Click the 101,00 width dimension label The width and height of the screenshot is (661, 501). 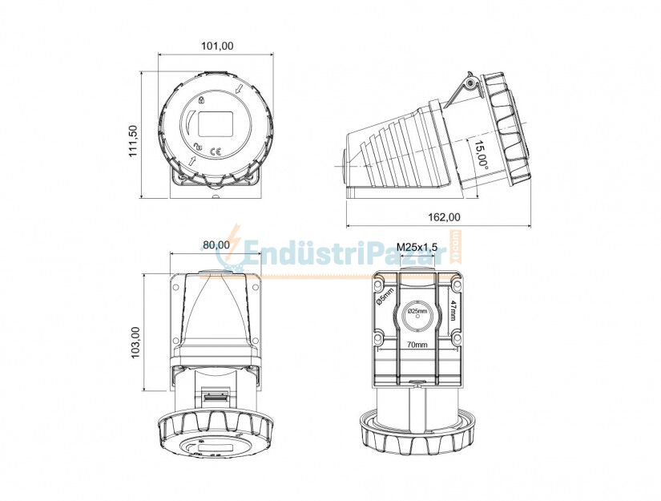pos(216,46)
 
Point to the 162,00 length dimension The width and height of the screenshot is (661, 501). pos(444,216)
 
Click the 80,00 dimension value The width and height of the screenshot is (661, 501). pos(216,245)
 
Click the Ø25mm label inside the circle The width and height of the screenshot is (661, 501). pos(417,310)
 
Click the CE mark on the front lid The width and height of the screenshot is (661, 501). pos(216,150)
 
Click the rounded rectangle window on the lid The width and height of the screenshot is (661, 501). pos(216,123)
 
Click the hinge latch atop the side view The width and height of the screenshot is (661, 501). pos(470,82)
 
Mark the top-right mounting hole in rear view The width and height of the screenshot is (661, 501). pos(456,285)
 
